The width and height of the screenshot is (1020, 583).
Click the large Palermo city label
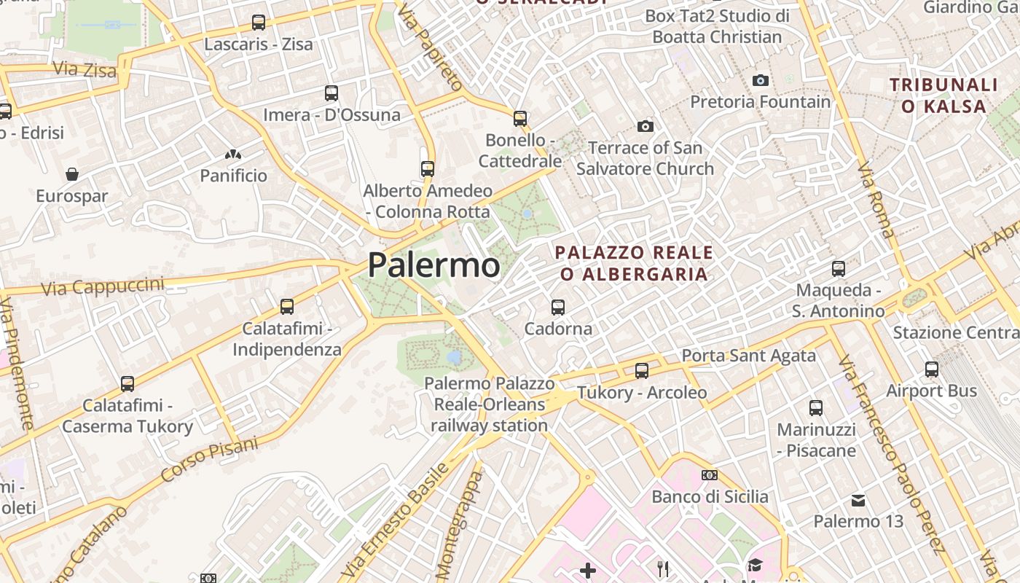(x=433, y=265)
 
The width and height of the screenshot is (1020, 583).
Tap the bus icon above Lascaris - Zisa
(x=259, y=23)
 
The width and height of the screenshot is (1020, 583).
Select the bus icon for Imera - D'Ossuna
(x=331, y=93)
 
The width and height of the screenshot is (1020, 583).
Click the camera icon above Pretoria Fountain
(x=761, y=80)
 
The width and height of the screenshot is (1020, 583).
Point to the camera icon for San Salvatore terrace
(x=645, y=127)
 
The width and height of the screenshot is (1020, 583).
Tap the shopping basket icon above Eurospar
(x=72, y=174)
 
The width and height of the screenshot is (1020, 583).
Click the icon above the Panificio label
(x=233, y=154)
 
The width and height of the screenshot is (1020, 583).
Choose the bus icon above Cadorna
(x=558, y=308)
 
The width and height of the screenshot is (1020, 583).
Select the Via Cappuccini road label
(x=103, y=286)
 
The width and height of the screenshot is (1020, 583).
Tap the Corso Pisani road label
(x=209, y=459)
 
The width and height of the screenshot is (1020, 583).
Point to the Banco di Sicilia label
(x=710, y=497)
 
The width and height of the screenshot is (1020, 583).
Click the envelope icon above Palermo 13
(x=858, y=501)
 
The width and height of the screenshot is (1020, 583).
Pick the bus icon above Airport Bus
(x=932, y=369)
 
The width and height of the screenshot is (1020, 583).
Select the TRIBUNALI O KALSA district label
(x=943, y=95)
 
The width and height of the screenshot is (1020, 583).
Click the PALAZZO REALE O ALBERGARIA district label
(x=633, y=263)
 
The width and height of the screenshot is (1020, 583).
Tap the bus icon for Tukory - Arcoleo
(x=642, y=371)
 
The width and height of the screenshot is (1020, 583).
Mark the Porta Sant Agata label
(x=748, y=356)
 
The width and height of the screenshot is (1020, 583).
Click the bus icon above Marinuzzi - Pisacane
(x=816, y=408)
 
